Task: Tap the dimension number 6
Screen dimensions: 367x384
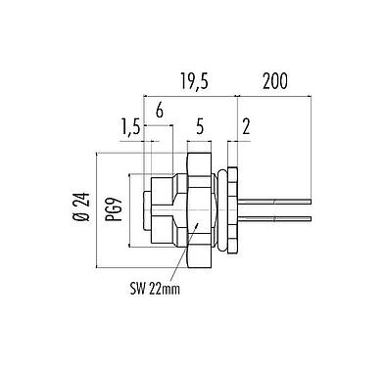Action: pyautogui.click(x=159, y=112)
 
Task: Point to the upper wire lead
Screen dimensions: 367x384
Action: pyautogui.click(x=274, y=202)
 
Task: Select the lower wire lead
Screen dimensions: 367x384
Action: pyautogui.click(x=274, y=216)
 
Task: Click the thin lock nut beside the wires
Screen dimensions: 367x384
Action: pyautogui.click(x=232, y=208)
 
